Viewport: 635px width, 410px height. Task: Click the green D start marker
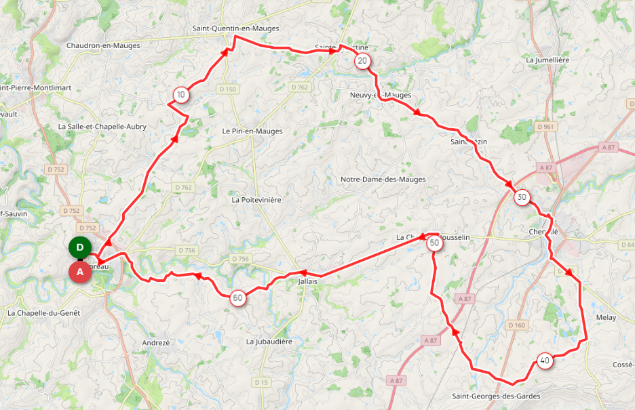click(x=80, y=247)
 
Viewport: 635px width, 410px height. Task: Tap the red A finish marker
click(x=80, y=272)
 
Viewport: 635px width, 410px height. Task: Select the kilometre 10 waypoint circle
click(x=180, y=95)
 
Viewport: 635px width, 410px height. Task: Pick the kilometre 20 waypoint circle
click(x=362, y=62)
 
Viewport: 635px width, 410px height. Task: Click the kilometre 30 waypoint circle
click(x=521, y=198)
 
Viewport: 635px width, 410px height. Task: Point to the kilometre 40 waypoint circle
click(x=545, y=361)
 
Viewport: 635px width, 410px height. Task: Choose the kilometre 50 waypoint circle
click(x=435, y=244)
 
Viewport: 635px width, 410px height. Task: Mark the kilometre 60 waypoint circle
click(x=237, y=298)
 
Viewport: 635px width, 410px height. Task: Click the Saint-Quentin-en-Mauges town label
click(x=235, y=28)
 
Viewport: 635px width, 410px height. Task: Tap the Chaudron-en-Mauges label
click(x=103, y=46)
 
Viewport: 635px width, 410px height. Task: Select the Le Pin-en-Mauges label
click(x=252, y=131)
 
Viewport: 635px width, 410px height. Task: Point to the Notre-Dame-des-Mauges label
click(x=383, y=180)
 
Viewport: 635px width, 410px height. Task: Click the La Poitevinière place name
click(x=256, y=201)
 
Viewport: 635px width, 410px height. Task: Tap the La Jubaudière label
click(x=269, y=342)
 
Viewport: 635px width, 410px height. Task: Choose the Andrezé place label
click(x=157, y=343)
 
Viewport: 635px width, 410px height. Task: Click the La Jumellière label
click(x=547, y=60)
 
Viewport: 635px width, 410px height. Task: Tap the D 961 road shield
click(x=544, y=127)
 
